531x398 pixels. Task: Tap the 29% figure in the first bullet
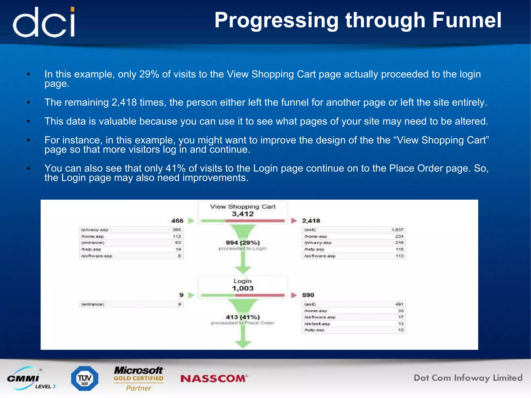(149, 74)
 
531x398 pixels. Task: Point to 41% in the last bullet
(176, 169)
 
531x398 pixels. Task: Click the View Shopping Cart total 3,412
(243, 214)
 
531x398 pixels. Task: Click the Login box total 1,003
(243, 288)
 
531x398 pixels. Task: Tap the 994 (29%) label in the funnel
(243, 243)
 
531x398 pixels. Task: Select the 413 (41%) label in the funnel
(243, 317)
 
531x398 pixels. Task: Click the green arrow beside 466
(191, 221)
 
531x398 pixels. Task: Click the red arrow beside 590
(294, 295)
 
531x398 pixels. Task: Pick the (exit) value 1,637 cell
(397, 230)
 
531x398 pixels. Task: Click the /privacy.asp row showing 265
(131, 230)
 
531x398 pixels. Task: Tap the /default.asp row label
(317, 324)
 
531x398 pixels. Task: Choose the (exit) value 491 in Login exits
(399, 304)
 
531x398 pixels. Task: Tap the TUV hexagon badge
(85, 379)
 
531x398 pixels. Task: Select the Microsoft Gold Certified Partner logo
(139, 379)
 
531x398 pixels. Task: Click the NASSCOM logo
(214, 379)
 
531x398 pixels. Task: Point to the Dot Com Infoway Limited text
(468, 378)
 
